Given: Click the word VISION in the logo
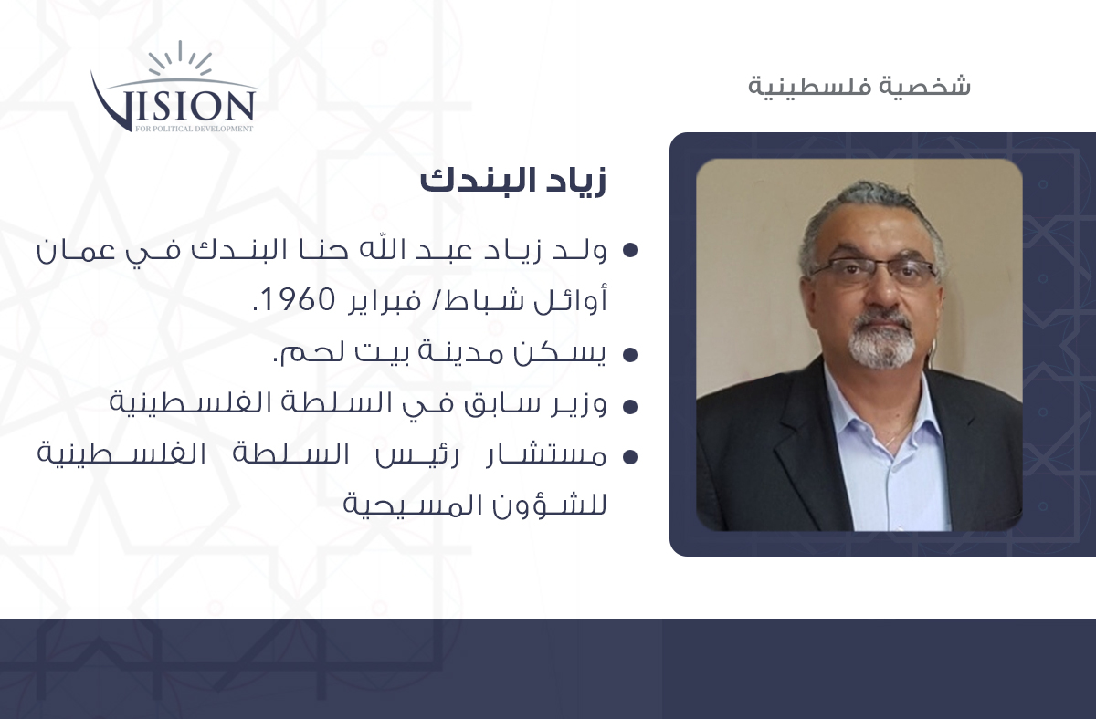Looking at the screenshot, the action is point(174,105).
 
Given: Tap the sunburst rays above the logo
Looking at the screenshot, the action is point(180,58).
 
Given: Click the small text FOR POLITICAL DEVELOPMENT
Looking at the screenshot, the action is point(195,129).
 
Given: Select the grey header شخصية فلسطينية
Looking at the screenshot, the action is point(859,86).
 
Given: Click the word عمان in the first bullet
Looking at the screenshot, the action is point(76,250).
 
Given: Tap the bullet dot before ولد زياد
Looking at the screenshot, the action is point(631,250).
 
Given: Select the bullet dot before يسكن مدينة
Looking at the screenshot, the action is point(631,355).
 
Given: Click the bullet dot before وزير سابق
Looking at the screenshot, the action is point(631,407).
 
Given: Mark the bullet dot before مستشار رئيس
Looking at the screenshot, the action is point(631,457).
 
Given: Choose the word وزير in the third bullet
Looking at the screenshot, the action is point(578,404).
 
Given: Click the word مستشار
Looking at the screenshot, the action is point(546,455).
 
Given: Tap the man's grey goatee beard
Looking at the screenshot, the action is point(880,342).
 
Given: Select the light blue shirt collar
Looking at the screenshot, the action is point(880,406).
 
